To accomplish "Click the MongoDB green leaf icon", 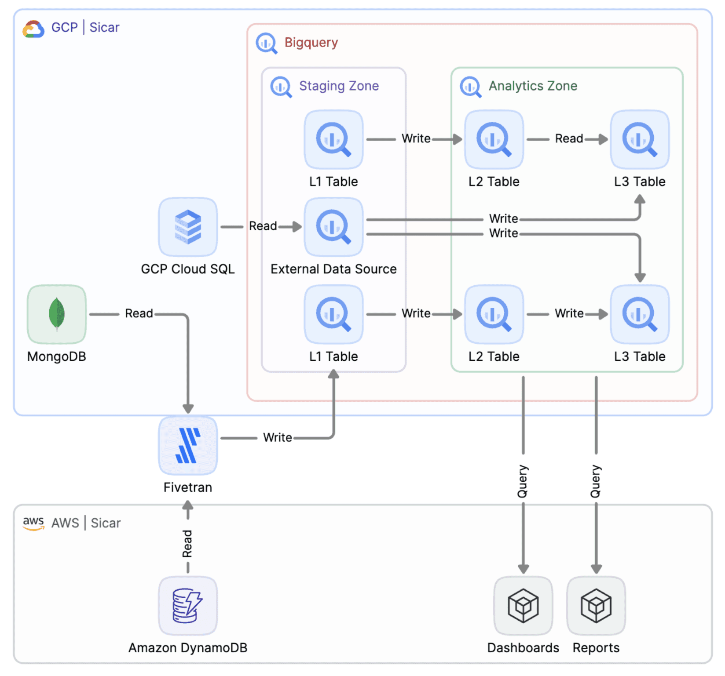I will [57, 314].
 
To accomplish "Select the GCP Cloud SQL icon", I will [188, 227].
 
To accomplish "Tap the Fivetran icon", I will [188, 445].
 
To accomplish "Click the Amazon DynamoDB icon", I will [188, 605].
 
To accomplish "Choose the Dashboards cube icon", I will [523, 605].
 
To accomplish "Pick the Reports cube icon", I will [596, 605].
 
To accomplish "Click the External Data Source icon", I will [333, 227].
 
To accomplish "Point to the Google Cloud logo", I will [33, 29].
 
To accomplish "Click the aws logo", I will [33, 523].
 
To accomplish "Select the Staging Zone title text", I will [339, 86].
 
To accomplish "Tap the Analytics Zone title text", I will [533, 86].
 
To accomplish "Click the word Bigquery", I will [311, 43].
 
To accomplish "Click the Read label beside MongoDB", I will [139, 313].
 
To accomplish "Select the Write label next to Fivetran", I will [278, 437].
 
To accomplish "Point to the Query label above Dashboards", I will [523, 481].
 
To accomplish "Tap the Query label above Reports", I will [596, 481].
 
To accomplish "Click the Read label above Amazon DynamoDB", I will [187, 544].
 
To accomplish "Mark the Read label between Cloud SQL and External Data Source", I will [263, 226].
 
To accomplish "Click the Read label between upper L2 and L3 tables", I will [569, 138].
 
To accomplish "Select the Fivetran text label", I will [188, 487].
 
